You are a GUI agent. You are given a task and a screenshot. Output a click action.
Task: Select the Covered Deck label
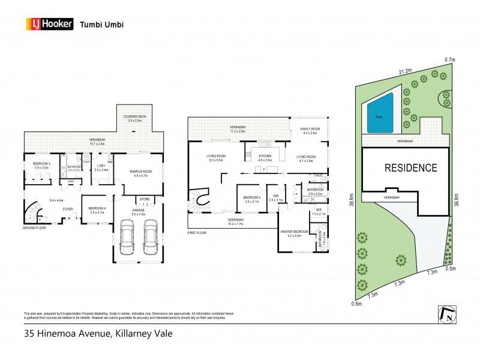tap(134, 118)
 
